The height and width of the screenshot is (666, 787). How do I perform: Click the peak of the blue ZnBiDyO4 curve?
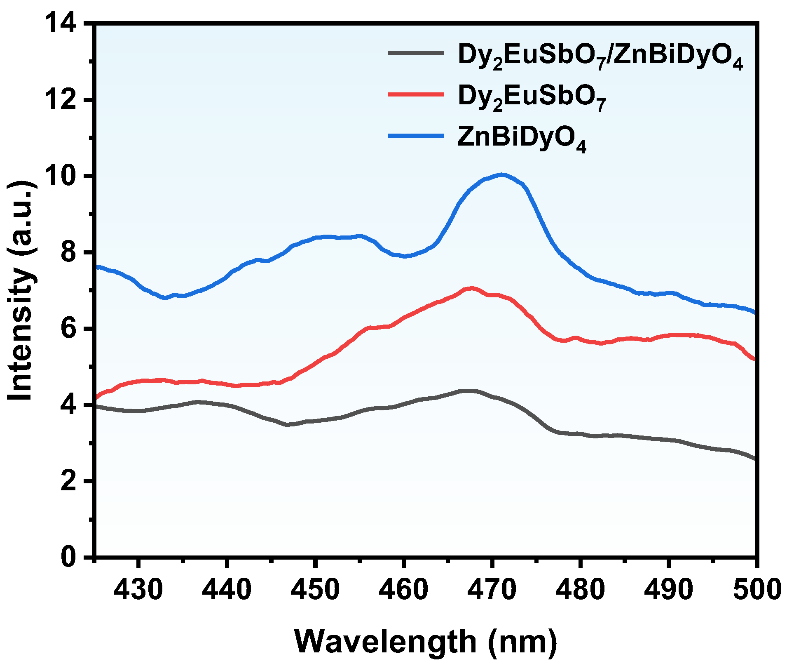click(501, 175)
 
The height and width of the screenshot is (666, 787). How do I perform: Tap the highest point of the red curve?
click(471, 288)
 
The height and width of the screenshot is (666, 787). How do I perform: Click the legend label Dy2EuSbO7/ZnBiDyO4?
click(600, 56)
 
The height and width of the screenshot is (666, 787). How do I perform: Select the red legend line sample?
click(416, 94)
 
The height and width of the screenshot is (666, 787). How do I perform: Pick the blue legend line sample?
click(416, 135)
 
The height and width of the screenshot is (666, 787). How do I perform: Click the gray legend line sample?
click(416, 53)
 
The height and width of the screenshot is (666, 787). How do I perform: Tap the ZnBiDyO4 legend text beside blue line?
click(522, 139)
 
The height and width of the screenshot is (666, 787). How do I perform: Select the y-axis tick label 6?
click(68, 329)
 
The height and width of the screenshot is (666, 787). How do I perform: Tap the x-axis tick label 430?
click(138, 590)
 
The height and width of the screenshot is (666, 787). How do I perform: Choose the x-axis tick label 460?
click(404, 590)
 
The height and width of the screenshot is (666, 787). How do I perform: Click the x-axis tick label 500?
click(757, 590)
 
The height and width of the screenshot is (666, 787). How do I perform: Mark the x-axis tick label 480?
click(580, 590)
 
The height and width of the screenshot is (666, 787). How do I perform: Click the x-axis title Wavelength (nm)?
click(426, 642)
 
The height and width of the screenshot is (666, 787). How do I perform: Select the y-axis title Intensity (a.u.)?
click(21, 290)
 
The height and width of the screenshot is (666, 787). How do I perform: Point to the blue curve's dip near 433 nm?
click(166, 297)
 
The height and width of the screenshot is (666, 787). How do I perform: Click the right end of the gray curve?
click(756, 459)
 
